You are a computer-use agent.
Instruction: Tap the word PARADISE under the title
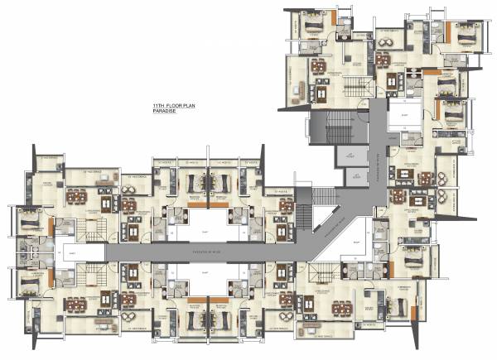pos(166,113)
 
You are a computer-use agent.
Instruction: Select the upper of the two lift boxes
pos(347,156)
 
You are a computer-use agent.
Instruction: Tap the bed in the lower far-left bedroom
pos(28,281)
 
